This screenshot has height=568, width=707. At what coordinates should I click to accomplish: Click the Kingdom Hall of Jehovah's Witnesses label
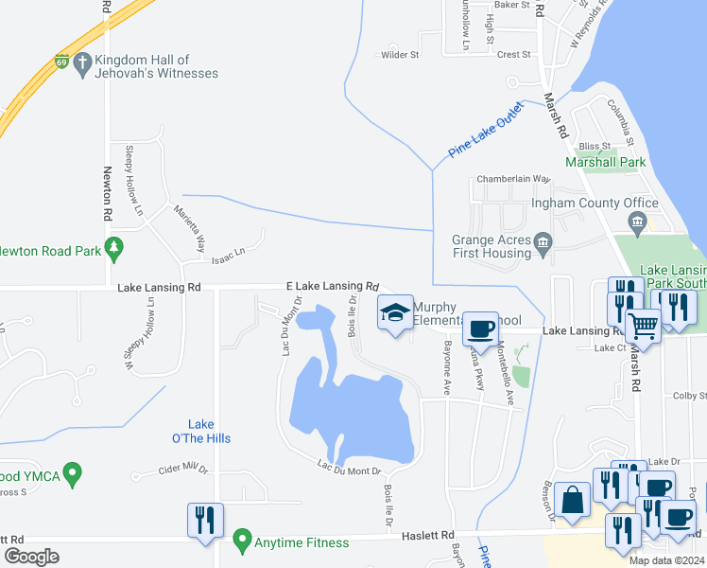[x=157, y=66]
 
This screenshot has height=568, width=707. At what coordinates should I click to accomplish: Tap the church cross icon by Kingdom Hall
[x=82, y=65]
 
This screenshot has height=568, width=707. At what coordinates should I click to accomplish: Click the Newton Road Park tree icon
[x=114, y=249]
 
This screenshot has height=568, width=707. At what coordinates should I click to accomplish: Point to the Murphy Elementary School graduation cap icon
[x=395, y=312]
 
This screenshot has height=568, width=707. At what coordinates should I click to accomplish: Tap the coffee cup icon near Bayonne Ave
[x=481, y=328]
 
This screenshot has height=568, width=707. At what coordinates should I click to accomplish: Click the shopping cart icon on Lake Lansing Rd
[x=643, y=327]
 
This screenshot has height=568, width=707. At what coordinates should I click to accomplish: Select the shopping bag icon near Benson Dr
[x=573, y=499]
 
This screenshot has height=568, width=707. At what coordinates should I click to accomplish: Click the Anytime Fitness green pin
[x=243, y=542]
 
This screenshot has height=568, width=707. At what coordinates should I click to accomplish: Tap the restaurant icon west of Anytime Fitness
[x=205, y=520]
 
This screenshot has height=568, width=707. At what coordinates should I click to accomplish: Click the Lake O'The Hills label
[x=209, y=431]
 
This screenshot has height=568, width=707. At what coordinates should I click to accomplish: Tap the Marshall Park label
[x=605, y=162]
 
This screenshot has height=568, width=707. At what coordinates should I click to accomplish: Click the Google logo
[x=32, y=556]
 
